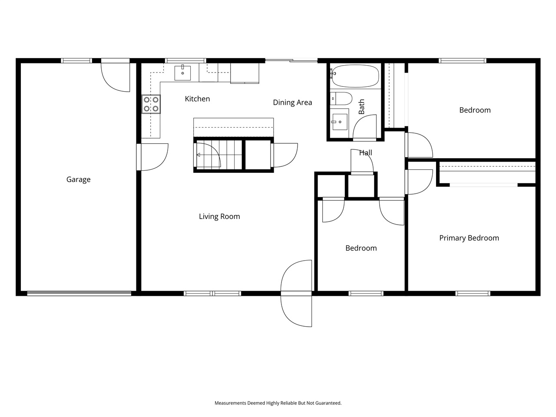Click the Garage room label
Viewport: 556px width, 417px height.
coord(78,179)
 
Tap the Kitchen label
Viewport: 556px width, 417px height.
coord(197,99)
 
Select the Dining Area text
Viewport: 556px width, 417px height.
coord(292,103)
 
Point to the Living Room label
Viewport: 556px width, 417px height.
coord(219,216)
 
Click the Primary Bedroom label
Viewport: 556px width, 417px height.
coord(469,238)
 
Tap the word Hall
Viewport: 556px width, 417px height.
coord(365,153)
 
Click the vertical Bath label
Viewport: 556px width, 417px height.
coord(361,106)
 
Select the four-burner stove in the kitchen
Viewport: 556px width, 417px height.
coord(151,104)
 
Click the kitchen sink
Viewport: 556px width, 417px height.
coord(183,73)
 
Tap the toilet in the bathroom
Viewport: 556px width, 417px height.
coord(341,99)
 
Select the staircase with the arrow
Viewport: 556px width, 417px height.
coord(217,155)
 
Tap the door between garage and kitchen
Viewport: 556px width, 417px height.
coord(152,157)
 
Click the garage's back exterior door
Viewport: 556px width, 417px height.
coord(116,76)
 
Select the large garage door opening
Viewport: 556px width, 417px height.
coord(79,294)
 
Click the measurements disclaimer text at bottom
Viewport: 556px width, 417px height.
coord(278,403)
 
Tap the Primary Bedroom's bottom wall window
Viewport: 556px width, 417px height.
coord(473,294)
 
